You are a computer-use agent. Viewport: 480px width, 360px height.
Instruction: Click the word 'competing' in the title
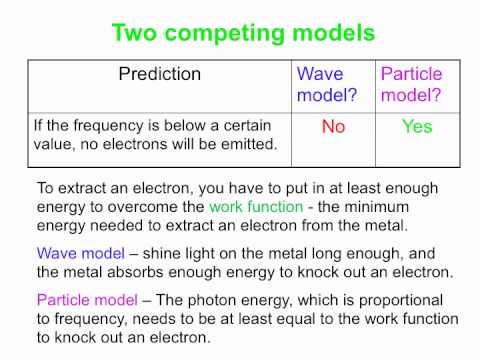coord(228,33)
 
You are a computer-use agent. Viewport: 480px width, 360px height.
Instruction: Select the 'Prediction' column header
coord(160,74)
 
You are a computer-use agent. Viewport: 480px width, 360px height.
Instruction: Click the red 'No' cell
coord(333,127)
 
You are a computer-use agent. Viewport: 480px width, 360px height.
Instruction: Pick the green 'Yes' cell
coord(417,127)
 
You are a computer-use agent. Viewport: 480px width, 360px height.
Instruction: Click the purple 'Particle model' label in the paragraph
coord(86,298)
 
